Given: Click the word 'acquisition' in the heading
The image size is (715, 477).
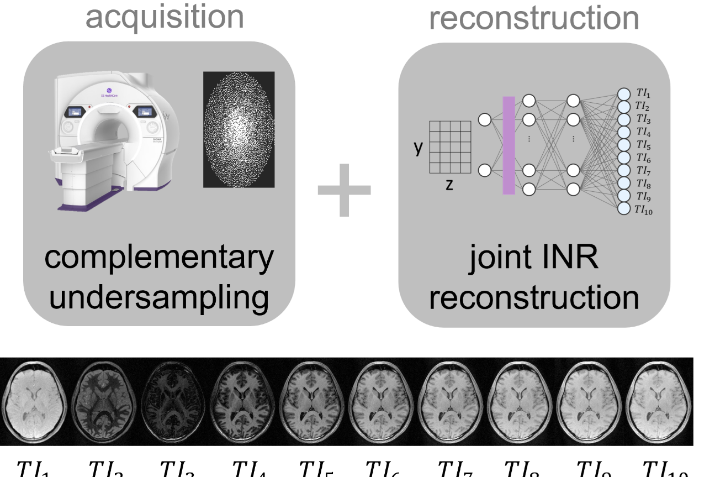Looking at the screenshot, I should click(165, 17).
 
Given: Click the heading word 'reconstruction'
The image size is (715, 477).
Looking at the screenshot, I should click(534, 18).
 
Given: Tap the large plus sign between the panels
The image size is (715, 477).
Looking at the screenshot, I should click(345, 190).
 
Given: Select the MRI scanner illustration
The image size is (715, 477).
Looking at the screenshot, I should click(119, 144).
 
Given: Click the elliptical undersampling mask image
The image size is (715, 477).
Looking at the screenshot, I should click(239, 129).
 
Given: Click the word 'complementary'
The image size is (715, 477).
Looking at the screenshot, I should click(159, 259).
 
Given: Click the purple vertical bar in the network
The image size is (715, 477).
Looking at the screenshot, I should click(509, 145).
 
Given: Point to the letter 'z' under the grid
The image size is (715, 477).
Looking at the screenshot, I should click(449, 185).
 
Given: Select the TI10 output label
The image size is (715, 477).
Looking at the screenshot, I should click(644, 209).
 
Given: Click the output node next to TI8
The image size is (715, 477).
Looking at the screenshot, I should click(624, 184).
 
